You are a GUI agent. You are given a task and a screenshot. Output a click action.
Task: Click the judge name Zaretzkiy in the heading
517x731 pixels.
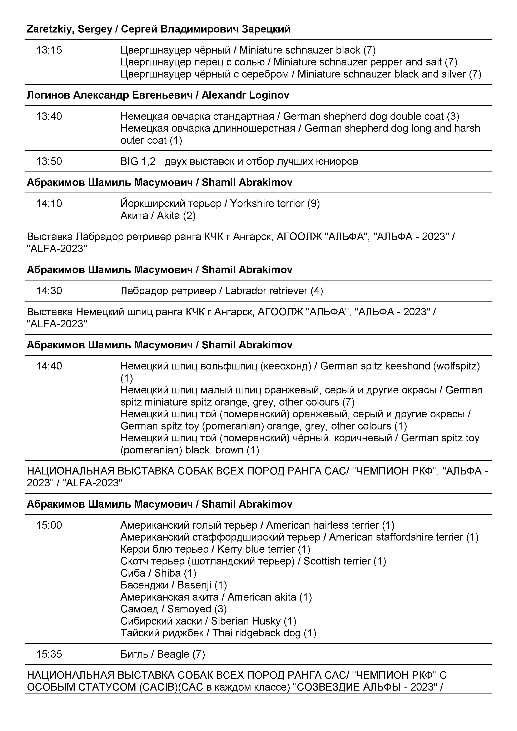51,29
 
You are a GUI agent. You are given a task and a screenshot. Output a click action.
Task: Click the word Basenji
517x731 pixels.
194,585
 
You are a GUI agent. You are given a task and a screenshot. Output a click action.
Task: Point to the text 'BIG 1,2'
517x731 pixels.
138,161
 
